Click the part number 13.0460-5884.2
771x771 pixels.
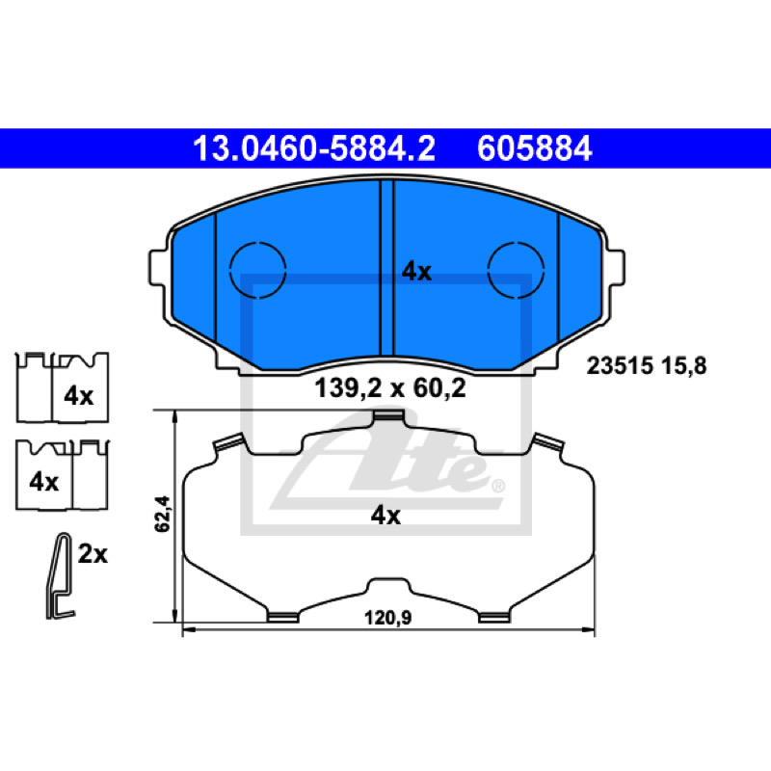coord(314,148)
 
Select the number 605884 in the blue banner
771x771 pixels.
coord(535,148)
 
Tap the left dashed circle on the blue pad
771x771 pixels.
coord(257,270)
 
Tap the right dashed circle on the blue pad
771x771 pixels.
coord(516,270)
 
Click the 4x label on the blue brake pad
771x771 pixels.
coord(416,272)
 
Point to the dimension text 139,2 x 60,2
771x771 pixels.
coord(390,388)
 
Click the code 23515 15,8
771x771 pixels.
coord(647,366)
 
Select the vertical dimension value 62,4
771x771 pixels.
coord(162,514)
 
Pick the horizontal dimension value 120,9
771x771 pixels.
coord(388,618)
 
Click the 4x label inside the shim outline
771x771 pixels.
coord(385,516)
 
